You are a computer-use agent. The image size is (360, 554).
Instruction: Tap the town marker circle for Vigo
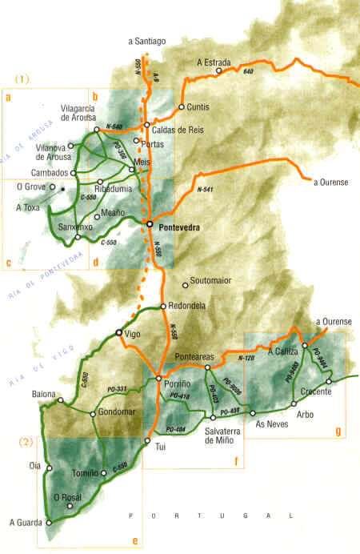[x=119, y=332]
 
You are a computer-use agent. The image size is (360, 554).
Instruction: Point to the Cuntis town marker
[x=182, y=106]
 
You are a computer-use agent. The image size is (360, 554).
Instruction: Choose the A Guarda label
[x=23, y=523]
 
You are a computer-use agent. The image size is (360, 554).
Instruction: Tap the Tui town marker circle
[x=147, y=440]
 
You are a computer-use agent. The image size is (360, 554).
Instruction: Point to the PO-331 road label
[x=118, y=389]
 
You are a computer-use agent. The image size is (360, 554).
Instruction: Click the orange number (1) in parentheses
[x=22, y=79]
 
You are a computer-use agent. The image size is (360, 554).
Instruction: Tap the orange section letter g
[x=338, y=432]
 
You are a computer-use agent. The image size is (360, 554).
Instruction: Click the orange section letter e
[x=134, y=541]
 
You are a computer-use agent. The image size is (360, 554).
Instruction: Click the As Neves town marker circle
[x=253, y=413]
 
